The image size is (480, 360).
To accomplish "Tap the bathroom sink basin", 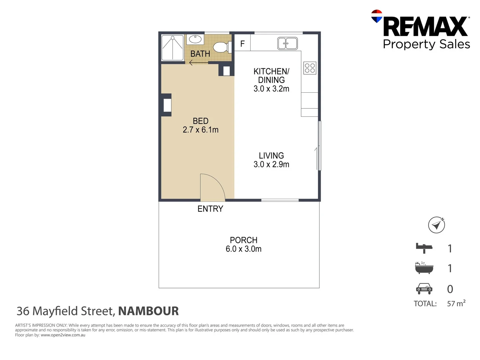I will (195, 39).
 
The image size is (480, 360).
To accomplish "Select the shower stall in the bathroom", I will (172, 48).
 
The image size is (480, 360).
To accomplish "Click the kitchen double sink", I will (287, 43).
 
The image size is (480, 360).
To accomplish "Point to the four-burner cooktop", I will (310, 68).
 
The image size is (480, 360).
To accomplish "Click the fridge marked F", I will (242, 43).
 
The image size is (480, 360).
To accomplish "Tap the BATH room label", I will (200, 54).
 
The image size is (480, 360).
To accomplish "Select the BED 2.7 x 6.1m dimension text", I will (200, 130).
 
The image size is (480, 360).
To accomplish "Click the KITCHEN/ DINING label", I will (271, 76).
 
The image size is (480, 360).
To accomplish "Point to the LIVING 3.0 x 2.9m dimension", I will (271, 164).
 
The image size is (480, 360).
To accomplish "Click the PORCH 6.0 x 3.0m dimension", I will (243, 249).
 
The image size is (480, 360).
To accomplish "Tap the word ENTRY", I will (210, 209).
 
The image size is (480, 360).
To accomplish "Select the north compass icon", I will (436, 225).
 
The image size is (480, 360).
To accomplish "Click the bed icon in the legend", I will (424, 248).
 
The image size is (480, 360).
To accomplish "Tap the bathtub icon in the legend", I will (424, 268).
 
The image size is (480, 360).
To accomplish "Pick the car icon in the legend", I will (424, 289).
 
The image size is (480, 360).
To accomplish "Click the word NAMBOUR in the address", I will (148, 311).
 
